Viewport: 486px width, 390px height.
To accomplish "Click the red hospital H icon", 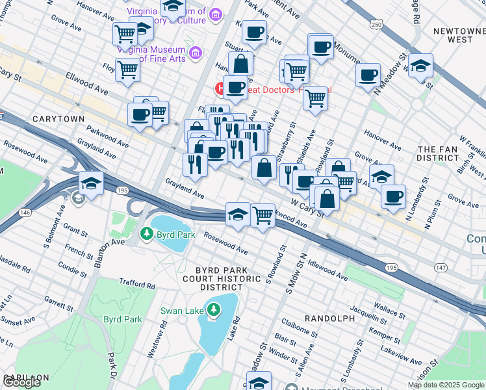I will pos(219,88).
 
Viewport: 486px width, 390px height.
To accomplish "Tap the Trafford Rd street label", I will pos(138,285).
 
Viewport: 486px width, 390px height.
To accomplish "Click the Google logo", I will pos(21,382).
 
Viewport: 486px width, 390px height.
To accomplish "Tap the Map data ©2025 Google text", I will pos(446,385).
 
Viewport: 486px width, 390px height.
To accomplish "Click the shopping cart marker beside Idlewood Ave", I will pos(262,214).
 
